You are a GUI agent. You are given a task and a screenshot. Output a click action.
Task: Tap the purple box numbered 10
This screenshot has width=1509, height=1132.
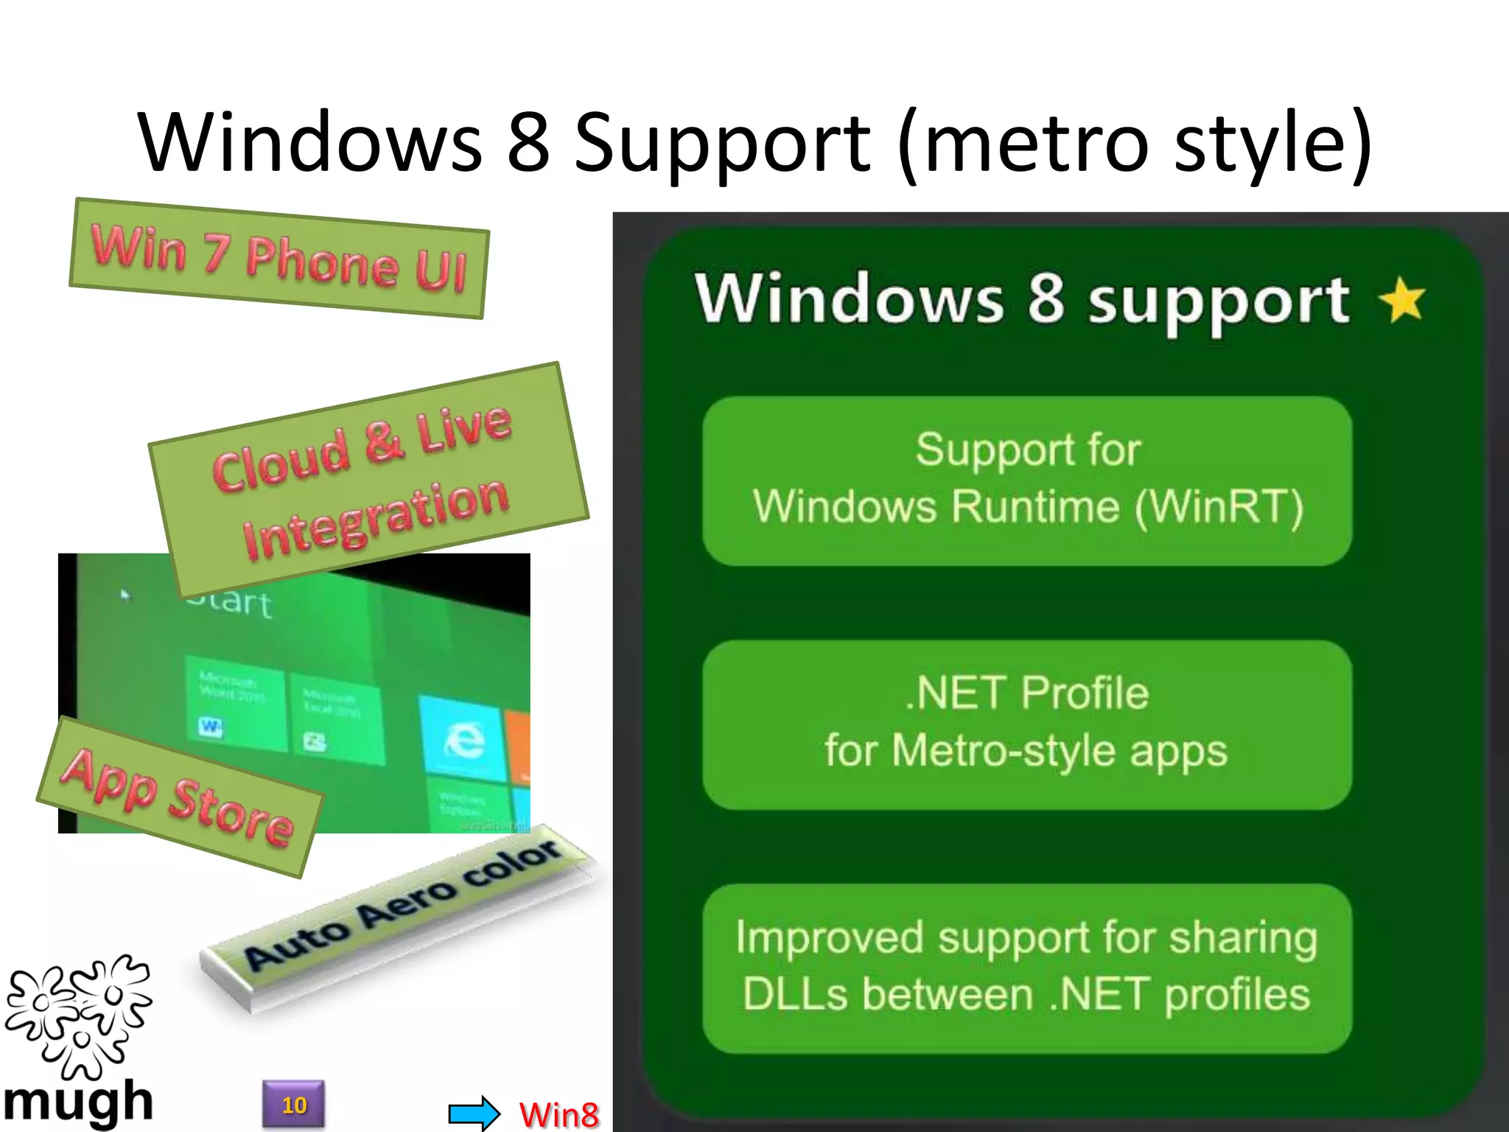point(293,1104)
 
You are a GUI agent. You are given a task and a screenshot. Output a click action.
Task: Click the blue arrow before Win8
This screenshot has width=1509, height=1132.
point(474,1112)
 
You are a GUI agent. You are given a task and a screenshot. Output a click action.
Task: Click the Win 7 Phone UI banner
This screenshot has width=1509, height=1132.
point(279,259)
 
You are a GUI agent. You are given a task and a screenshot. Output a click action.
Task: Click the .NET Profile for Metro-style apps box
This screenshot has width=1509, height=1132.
point(1027,724)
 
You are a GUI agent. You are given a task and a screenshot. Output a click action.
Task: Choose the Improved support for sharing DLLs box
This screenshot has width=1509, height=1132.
point(1027,968)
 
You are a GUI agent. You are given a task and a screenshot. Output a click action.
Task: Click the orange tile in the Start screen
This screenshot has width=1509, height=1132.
point(519,748)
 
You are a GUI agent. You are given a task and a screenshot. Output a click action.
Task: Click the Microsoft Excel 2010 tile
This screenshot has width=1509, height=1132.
point(335,719)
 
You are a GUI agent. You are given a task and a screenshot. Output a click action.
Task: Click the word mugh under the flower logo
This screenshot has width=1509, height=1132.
point(78,1103)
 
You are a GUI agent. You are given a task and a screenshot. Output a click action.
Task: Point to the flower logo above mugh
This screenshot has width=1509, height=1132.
point(78,1013)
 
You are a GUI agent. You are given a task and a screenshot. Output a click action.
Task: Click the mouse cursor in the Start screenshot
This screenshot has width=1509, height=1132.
point(125,594)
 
